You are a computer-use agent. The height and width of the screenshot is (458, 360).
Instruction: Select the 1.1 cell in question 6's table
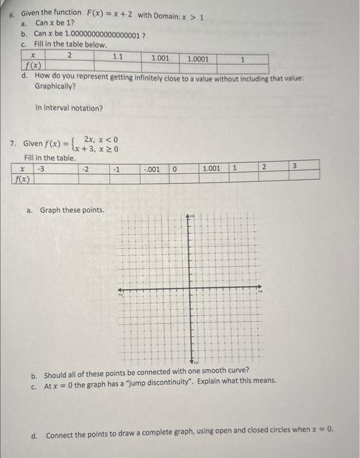coord(118,57)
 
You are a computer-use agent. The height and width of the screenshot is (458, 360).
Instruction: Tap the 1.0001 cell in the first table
coord(198,58)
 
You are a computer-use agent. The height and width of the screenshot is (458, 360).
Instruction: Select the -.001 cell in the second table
coord(152,168)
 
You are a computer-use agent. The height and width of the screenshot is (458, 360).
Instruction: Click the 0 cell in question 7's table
coord(175,168)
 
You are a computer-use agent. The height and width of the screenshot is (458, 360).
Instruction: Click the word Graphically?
coord(55,86)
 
